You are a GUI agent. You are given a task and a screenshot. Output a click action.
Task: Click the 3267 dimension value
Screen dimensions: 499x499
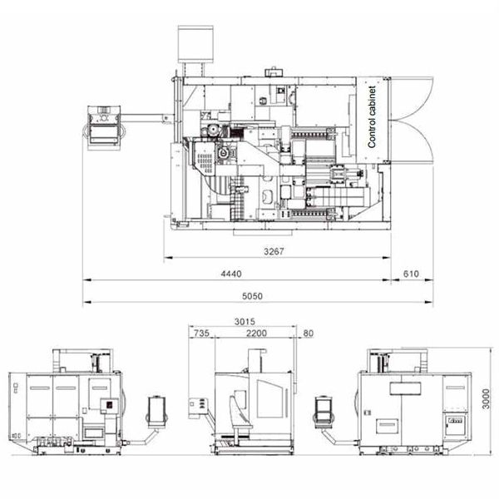(274, 251)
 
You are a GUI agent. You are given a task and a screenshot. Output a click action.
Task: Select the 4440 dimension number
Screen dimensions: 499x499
(231, 274)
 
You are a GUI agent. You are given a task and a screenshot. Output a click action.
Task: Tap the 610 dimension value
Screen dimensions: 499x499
(411, 274)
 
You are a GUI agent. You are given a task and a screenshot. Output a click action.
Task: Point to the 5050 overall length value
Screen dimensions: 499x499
(252, 296)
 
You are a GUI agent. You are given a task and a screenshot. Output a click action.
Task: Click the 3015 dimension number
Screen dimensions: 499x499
(245, 322)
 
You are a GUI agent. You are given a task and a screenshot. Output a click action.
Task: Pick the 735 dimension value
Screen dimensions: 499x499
(202, 333)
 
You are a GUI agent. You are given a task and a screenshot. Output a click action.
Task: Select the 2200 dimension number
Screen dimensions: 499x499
(256, 333)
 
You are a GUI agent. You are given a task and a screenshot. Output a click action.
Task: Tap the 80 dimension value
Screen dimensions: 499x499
(309, 333)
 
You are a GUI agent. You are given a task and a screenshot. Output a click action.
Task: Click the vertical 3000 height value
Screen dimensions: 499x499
(486, 398)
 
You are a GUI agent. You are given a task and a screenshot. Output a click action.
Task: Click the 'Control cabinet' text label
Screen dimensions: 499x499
(372, 116)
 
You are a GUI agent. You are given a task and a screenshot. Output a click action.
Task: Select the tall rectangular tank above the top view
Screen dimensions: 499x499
(195, 44)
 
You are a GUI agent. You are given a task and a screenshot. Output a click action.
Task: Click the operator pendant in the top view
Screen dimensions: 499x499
(105, 127)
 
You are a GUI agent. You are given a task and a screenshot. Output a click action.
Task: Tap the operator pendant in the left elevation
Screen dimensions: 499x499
(156, 412)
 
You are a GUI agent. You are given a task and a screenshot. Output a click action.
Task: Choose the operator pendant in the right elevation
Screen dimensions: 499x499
(324, 412)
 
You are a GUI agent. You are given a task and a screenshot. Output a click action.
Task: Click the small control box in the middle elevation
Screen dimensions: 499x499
(198, 408)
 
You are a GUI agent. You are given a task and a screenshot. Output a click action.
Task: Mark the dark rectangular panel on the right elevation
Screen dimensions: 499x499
(405, 388)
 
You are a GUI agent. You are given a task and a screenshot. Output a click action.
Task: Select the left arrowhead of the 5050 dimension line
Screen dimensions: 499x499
(86, 302)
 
